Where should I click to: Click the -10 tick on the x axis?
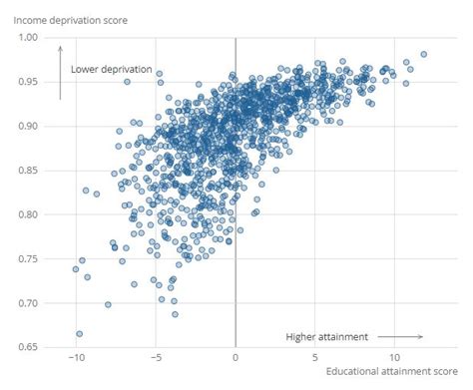75,358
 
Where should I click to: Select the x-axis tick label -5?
155,358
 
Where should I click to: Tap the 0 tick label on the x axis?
236,358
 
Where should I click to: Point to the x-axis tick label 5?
315,358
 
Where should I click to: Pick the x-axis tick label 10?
395,358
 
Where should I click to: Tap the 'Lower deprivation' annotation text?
111,70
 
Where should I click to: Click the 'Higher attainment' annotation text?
326,336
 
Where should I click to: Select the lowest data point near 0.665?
79,334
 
